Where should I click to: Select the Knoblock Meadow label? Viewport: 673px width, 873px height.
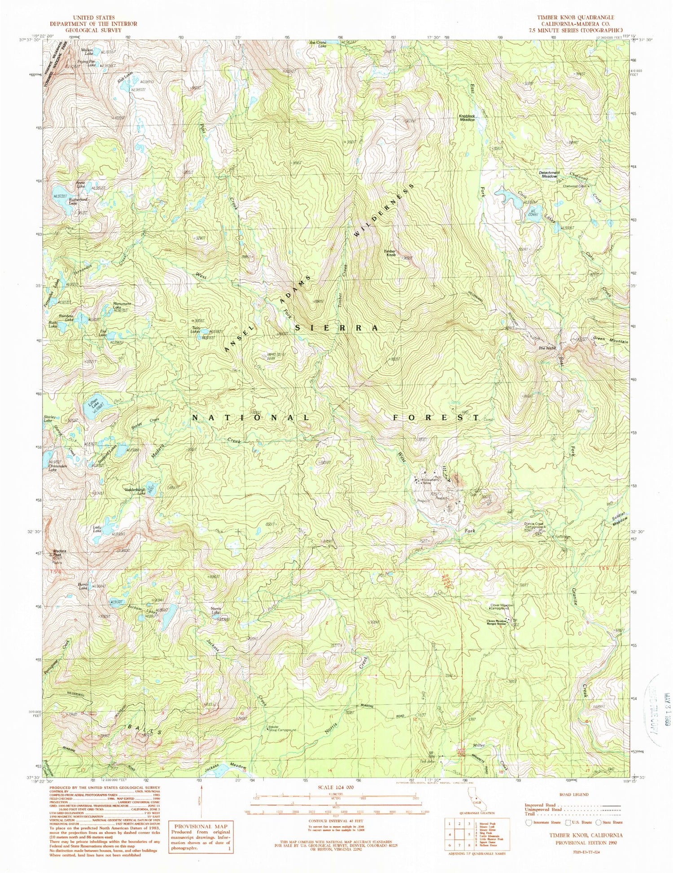pyautogui.click(x=467, y=118)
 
